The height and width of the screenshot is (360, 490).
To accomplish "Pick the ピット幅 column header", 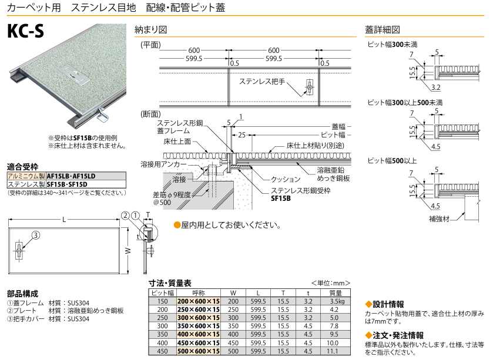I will click(163, 292).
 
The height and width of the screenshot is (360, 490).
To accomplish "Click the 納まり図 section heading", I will click(151, 29).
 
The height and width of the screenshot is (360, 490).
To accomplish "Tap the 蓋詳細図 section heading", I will click(382, 29).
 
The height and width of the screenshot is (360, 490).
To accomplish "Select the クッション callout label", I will click(284, 179).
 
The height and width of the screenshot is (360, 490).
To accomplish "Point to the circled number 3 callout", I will click(35, 235).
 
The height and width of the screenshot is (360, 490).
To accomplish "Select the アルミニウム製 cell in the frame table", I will click(26, 176).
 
